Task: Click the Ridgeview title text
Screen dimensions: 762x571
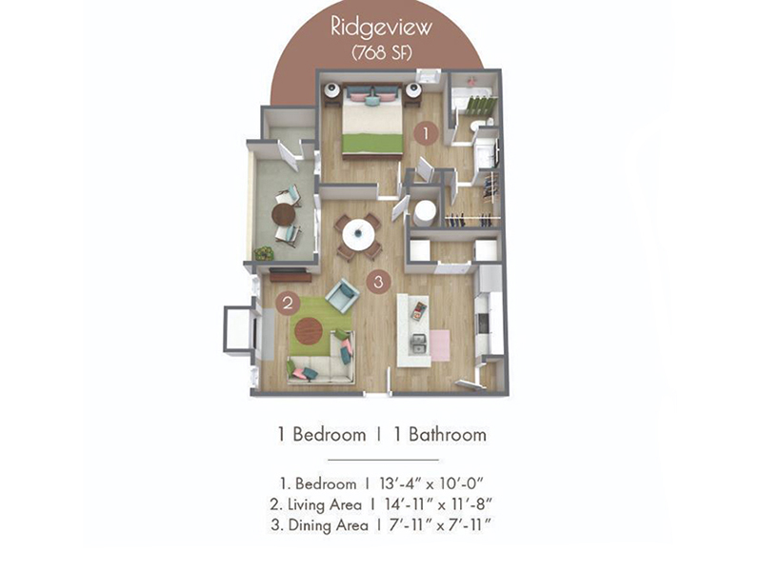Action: pos(381,27)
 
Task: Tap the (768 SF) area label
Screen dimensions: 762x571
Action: pos(382,52)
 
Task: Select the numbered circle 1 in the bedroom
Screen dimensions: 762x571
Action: pos(426,133)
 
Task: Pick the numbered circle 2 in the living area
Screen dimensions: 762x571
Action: pos(288,303)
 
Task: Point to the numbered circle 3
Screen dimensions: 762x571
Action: pos(378,282)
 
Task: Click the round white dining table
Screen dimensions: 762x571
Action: pos(359,234)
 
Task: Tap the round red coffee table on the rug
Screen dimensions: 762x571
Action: pos(309,331)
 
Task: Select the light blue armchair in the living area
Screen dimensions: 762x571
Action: pos(343,295)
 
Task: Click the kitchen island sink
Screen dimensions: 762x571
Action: pos(418,345)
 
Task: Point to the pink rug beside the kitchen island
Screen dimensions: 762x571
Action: pos(440,345)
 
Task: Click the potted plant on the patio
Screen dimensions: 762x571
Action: pos(264,253)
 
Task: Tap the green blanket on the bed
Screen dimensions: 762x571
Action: pos(372,144)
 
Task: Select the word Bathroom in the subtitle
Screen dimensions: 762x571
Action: pos(447,434)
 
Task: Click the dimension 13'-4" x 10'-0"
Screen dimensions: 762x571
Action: pos(431,483)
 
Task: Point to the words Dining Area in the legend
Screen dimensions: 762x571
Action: pos(328,525)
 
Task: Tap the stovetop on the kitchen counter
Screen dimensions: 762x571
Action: pos(483,324)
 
